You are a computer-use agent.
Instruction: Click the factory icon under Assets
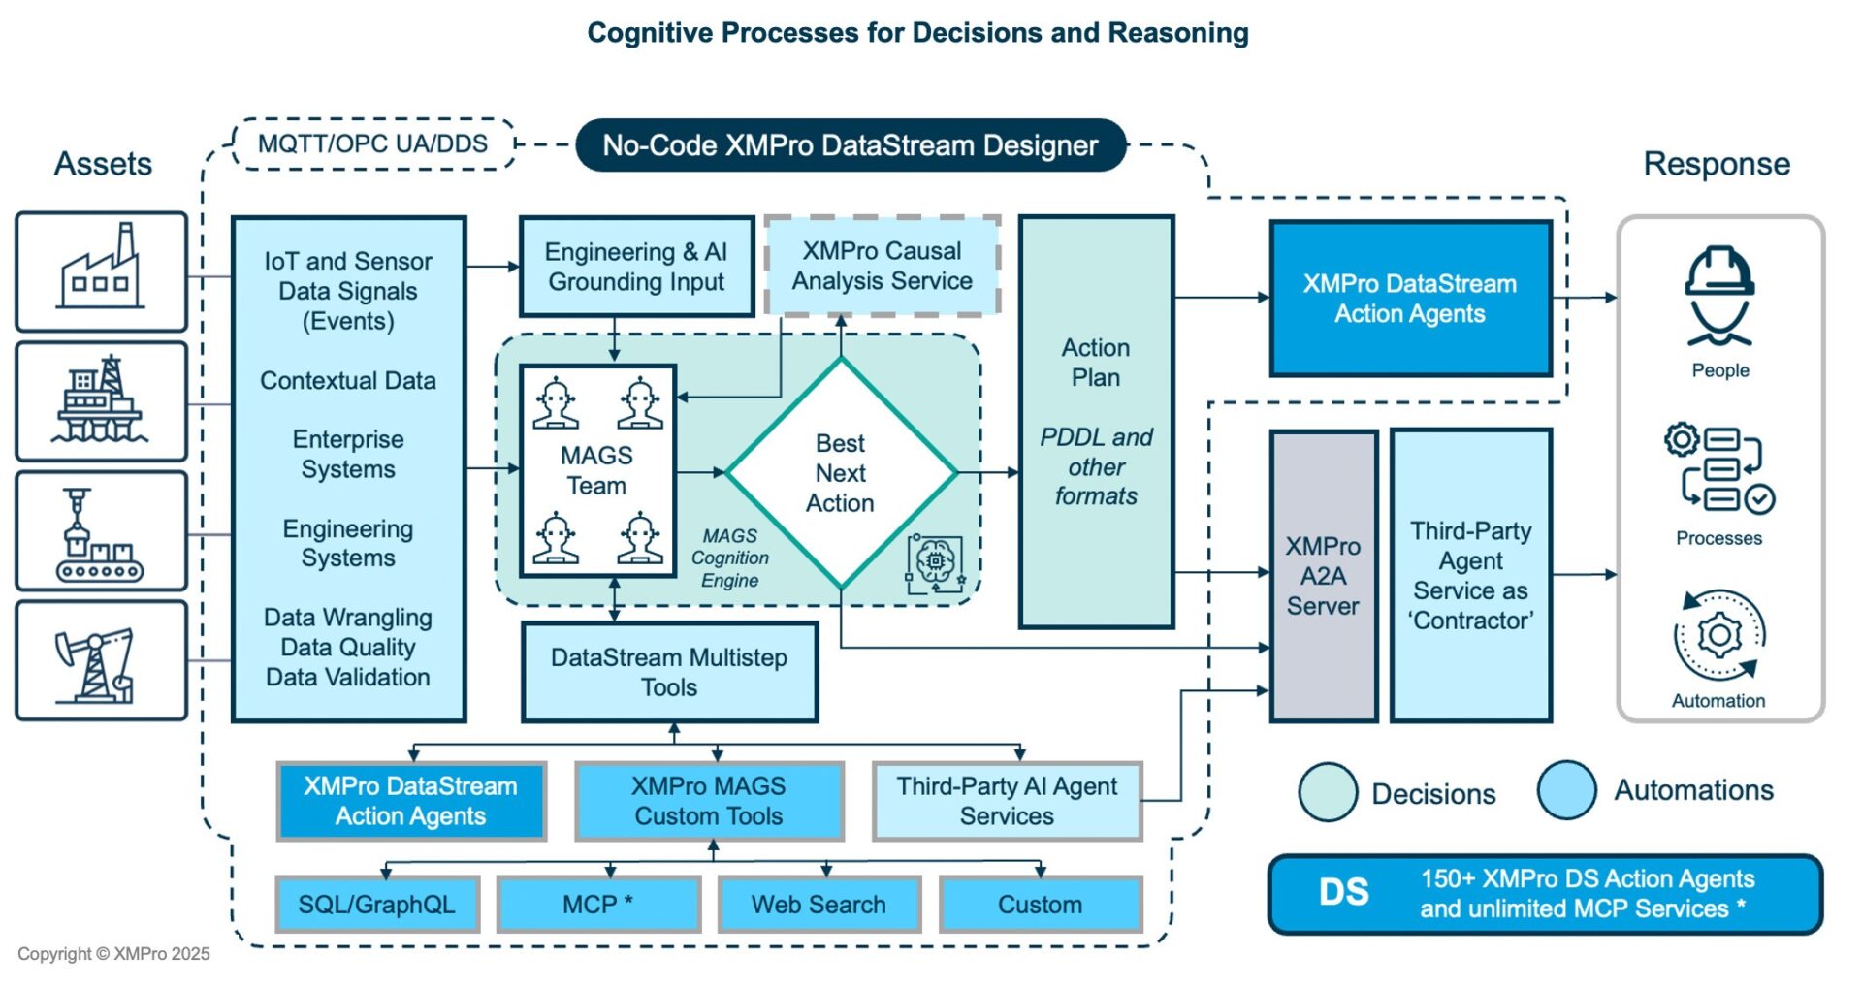click(x=101, y=271)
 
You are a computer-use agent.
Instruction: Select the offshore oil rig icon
click(x=101, y=400)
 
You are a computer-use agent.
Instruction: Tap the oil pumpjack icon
click(x=101, y=660)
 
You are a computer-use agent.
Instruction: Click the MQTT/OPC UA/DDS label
click(x=373, y=144)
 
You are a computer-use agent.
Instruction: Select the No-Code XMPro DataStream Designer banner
click(x=851, y=145)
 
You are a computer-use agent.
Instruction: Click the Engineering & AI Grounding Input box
click(x=636, y=267)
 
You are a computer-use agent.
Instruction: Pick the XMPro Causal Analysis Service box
click(x=882, y=266)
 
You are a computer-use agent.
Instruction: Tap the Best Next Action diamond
click(x=840, y=473)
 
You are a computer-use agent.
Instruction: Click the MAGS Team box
click(x=596, y=470)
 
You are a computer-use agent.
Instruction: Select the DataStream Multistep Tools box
click(x=669, y=672)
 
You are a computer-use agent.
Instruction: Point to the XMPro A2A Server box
click(x=1323, y=576)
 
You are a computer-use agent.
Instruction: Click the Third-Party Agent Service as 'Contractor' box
click(x=1470, y=576)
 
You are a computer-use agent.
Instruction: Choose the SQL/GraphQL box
click(x=376, y=905)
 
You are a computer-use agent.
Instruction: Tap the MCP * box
click(x=598, y=905)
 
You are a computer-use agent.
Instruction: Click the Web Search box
click(x=819, y=905)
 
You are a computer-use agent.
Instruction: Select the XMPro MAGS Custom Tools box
click(x=709, y=801)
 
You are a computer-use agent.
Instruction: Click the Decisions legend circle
click(x=1328, y=792)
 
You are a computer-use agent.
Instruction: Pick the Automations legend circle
click(x=1566, y=790)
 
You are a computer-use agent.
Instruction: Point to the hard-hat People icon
click(x=1719, y=296)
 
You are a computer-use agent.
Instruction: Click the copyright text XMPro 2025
click(x=113, y=954)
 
